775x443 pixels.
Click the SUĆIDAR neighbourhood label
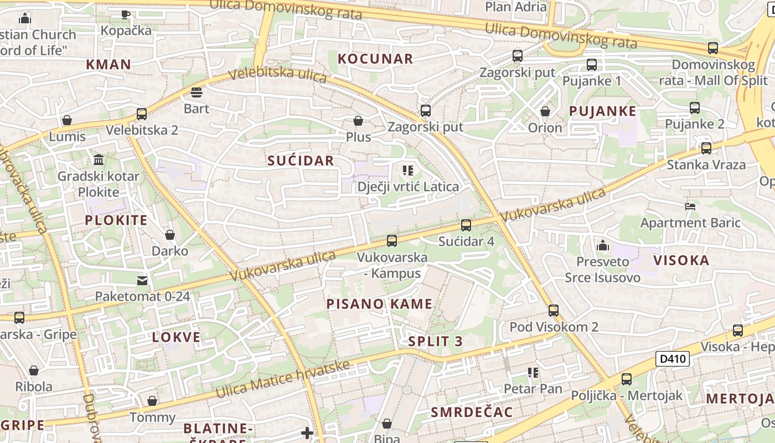click(301, 161)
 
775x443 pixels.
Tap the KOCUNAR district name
click(375, 59)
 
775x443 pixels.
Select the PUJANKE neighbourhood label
click(603, 111)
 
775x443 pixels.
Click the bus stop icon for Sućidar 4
click(466, 225)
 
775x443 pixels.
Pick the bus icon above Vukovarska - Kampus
click(392, 240)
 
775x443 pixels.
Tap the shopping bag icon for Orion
click(545, 111)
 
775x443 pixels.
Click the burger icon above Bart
click(197, 92)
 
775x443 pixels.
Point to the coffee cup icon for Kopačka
click(126, 14)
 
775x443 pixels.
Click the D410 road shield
click(673, 359)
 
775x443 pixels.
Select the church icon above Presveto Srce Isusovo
click(603, 245)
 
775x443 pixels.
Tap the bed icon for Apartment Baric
click(690, 207)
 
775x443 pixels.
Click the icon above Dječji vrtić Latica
click(408, 171)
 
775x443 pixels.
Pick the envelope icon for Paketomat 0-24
click(143, 280)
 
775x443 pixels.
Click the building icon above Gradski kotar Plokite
click(99, 160)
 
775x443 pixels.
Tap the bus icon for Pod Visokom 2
click(554, 310)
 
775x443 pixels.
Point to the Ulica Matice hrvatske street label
click(283, 379)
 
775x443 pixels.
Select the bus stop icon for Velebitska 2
click(142, 114)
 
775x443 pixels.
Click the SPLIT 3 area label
click(435, 341)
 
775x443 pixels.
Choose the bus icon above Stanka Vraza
click(706, 148)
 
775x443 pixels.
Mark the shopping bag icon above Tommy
click(152, 401)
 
